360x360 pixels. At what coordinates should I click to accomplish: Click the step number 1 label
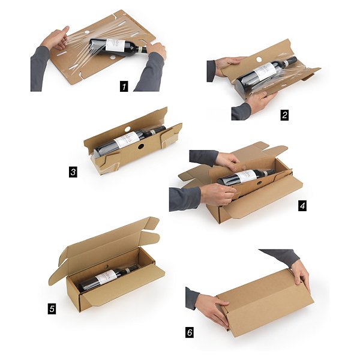124,86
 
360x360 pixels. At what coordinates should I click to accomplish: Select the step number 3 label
73,172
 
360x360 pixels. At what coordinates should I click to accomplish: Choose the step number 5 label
52,309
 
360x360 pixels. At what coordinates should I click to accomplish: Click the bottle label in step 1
115,46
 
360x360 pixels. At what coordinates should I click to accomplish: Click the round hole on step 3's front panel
139,146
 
